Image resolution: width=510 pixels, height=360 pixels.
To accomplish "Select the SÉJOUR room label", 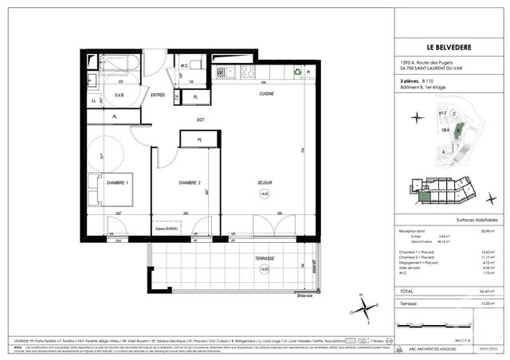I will (x=264, y=182).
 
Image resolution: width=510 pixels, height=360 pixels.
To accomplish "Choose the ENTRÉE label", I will (x=158, y=95).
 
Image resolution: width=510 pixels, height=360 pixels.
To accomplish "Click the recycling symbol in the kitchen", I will (x=296, y=71).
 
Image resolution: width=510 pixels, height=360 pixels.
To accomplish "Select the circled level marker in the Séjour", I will (x=265, y=194).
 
